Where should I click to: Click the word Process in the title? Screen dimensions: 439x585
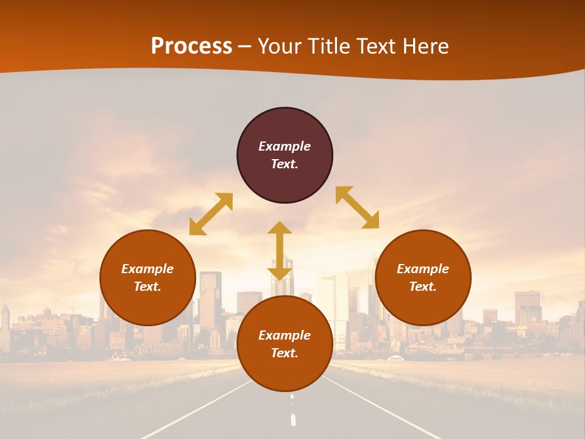point(191,46)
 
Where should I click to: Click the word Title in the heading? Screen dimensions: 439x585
point(328,46)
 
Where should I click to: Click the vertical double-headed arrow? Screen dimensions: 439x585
point(280,251)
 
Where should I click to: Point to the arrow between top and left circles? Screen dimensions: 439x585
point(211,214)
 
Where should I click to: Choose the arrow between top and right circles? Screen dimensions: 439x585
point(357,207)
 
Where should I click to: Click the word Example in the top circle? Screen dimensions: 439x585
point(285,146)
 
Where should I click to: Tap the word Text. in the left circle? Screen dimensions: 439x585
point(147,287)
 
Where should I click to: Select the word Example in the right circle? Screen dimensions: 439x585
point(423,269)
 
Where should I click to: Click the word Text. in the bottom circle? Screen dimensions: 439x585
point(285,353)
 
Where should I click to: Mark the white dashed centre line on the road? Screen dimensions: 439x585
point(292,419)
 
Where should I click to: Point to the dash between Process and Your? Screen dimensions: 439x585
point(245,47)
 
